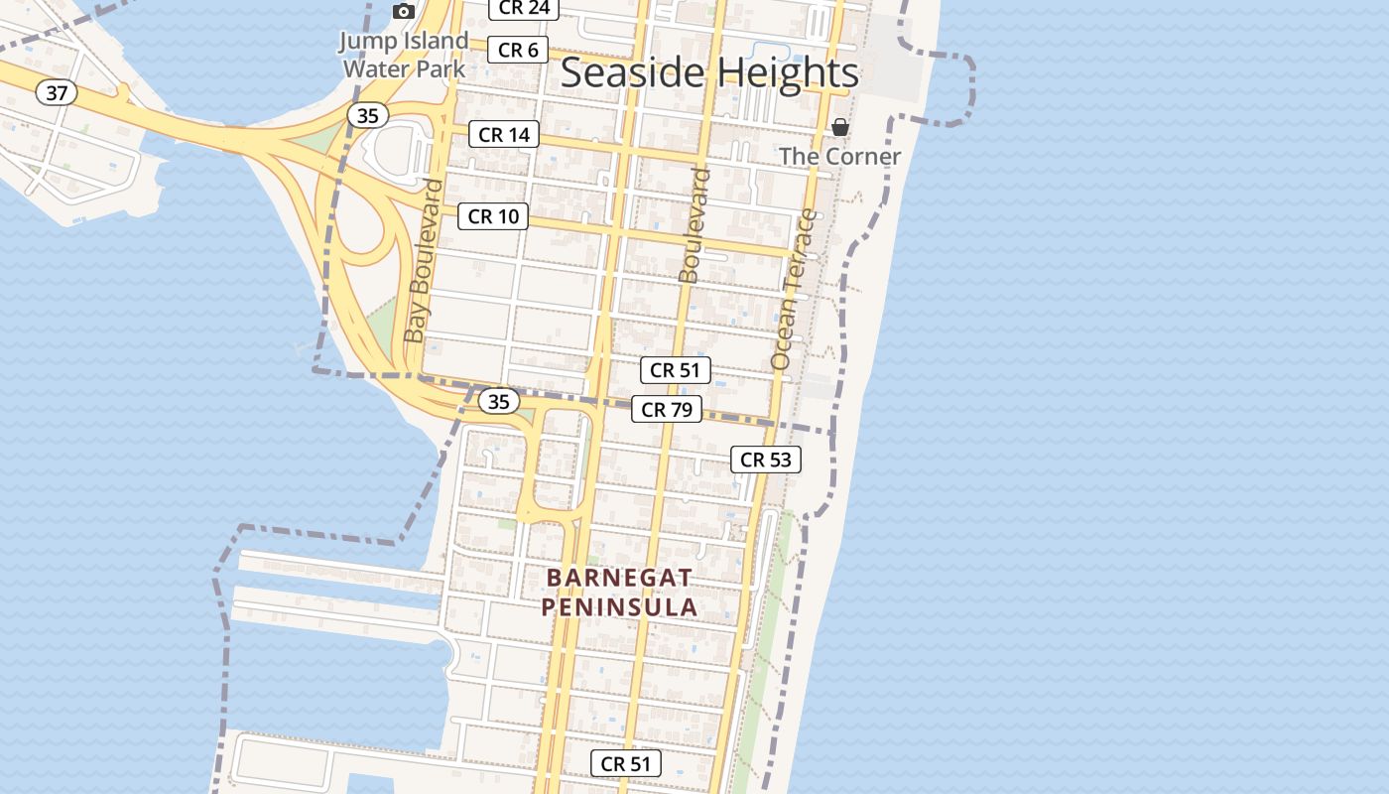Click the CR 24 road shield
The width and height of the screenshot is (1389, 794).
pyautogui.click(x=524, y=8)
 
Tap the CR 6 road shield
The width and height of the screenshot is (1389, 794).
pyautogui.click(x=518, y=50)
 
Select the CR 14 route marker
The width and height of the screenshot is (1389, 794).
pyautogui.click(x=504, y=134)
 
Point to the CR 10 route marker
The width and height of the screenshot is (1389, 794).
pyautogui.click(x=493, y=216)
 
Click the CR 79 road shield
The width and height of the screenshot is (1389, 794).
pyautogui.click(x=667, y=409)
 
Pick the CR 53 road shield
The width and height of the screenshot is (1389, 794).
pyautogui.click(x=766, y=460)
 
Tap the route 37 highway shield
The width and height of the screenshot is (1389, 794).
pyautogui.click(x=57, y=93)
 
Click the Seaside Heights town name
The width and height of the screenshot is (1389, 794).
pyautogui.click(x=709, y=73)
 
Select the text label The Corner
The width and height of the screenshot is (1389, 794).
pyautogui.click(x=839, y=156)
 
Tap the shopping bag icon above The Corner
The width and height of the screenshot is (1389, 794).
pyautogui.click(x=840, y=127)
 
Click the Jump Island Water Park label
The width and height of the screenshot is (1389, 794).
pyautogui.click(x=404, y=55)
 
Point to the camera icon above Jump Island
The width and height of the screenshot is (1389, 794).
pyautogui.click(x=404, y=11)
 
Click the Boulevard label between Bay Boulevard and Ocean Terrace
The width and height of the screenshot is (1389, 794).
pyautogui.click(x=694, y=225)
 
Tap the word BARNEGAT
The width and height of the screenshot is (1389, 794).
pyautogui.click(x=619, y=578)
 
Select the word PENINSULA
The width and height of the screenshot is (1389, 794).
pyautogui.click(x=619, y=606)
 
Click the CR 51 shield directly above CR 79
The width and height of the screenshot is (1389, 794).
pyautogui.click(x=676, y=370)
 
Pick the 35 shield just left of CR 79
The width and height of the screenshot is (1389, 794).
pyautogui.click(x=499, y=401)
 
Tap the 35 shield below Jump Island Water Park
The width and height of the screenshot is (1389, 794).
pyautogui.click(x=367, y=116)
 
